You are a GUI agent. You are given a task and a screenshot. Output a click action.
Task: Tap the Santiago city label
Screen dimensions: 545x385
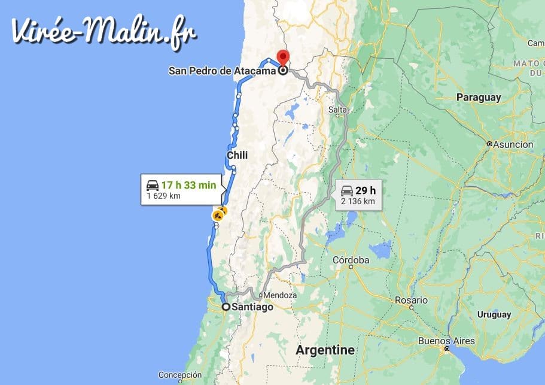(x=252, y=307)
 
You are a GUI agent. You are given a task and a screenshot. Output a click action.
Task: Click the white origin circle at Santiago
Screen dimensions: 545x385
(x=226, y=307)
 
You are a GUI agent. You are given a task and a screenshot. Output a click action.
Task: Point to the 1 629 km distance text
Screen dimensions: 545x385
(x=164, y=196)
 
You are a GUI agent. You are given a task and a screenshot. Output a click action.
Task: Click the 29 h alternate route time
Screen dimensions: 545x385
(x=365, y=190)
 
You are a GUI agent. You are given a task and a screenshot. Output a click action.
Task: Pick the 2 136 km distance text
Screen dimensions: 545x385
(x=358, y=201)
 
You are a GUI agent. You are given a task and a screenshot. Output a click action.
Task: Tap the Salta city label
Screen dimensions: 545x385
(x=337, y=110)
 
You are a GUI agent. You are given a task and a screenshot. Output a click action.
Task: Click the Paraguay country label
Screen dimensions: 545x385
(x=478, y=97)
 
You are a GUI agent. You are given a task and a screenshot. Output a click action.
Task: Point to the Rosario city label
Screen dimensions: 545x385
(x=411, y=300)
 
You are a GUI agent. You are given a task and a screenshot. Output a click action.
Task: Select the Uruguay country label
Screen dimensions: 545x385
(x=494, y=314)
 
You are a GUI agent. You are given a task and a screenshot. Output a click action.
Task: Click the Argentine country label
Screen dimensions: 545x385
(x=325, y=350)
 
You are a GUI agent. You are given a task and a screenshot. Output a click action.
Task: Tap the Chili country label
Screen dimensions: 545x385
(x=237, y=156)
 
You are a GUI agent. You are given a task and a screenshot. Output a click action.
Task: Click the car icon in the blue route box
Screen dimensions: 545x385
(x=153, y=186)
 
